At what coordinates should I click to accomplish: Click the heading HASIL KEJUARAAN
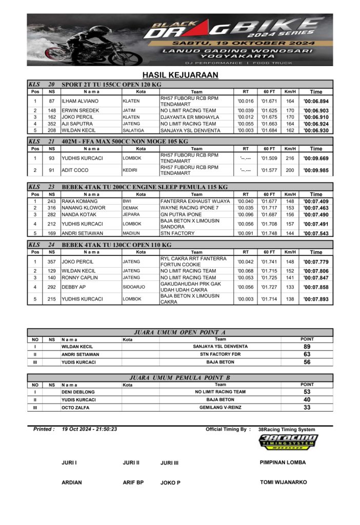pos(180,75)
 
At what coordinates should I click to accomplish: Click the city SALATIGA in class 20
pos(132,131)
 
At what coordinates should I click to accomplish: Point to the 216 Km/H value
pos(290,158)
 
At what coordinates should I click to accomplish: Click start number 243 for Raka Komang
pos(52,201)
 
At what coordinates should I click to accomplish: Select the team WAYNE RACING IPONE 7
pos(189,208)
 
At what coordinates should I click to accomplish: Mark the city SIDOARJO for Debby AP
pos(134,287)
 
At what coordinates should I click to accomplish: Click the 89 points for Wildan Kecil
pos(307,347)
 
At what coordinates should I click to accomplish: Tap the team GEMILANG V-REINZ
pos(221,407)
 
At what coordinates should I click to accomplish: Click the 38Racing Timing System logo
pos(288,442)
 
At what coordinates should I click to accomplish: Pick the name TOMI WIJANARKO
pos(284,482)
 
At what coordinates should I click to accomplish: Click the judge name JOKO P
pos(170,482)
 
